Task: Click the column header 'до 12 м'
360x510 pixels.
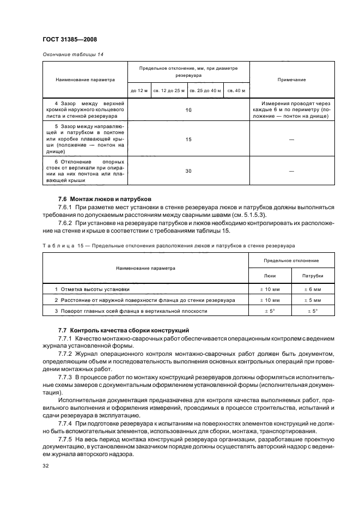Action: coord(139,90)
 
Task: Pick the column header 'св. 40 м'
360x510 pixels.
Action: coord(236,90)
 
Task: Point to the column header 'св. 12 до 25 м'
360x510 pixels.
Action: coord(169,90)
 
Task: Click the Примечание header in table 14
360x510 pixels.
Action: coord(291,80)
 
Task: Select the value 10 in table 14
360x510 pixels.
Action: coord(188,110)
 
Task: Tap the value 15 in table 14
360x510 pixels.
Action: coord(188,140)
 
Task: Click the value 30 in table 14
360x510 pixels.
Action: coord(188,171)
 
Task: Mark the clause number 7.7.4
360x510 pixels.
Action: coord(67,422)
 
